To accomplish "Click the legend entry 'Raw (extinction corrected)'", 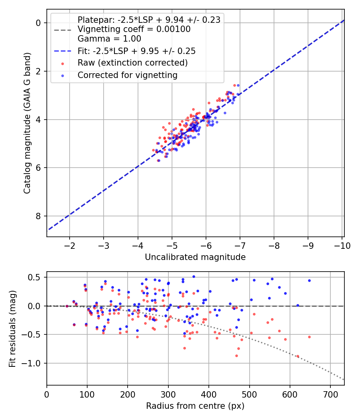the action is click(x=132, y=63).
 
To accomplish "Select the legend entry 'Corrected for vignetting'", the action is click(x=128, y=75).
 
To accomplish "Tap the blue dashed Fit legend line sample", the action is click(x=63, y=51).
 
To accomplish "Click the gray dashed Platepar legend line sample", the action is click(x=63, y=30).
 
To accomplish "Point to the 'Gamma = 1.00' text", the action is click(x=109, y=38).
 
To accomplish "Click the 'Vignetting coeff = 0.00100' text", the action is click(x=134, y=29).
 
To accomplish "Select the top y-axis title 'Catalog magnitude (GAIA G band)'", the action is click(x=27, y=123).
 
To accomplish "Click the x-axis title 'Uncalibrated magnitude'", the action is click(x=195, y=257).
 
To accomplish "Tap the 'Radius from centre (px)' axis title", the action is click(x=195, y=406).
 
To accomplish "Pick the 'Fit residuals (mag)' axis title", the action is click(x=12, y=329).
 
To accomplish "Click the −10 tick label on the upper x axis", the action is click(x=342, y=246).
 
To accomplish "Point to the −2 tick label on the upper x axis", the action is click(x=69, y=246).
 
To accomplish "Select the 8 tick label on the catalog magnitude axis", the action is click(x=38, y=216).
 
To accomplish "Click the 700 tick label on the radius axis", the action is click(x=330, y=394).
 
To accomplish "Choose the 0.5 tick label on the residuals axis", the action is click(x=34, y=277).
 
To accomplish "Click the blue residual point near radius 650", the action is click(x=309, y=281).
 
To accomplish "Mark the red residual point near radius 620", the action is click(x=298, y=356).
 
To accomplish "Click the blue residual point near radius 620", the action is click(x=298, y=305).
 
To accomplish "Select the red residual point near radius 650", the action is click(x=309, y=337).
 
